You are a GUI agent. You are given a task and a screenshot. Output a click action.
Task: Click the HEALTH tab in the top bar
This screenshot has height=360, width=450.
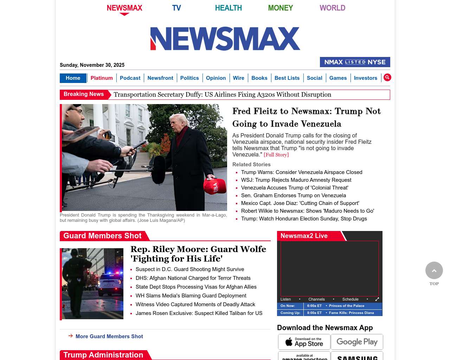tap(228, 8)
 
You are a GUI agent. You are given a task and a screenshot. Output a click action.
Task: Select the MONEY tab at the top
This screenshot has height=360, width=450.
tap(280, 8)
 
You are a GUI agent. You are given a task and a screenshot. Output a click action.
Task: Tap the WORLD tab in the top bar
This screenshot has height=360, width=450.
tap(332, 8)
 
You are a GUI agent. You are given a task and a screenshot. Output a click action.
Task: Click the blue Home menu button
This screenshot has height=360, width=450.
tap(73, 78)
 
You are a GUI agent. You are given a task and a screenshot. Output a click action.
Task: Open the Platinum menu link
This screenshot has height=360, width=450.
tap(102, 78)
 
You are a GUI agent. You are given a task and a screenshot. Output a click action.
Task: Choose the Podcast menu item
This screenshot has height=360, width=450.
tap(130, 78)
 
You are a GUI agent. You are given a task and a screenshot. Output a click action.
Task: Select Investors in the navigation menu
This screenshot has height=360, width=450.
tap(365, 78)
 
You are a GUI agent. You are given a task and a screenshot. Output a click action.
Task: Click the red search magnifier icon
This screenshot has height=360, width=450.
tap(387, 77)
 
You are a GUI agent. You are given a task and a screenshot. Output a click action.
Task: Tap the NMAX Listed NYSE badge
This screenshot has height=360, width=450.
tap(355, 62)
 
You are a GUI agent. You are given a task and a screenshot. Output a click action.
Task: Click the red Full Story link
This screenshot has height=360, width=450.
tap(276, 155)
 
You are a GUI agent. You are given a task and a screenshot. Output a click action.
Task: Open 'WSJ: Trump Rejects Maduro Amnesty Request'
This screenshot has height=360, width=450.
tap(296, 180)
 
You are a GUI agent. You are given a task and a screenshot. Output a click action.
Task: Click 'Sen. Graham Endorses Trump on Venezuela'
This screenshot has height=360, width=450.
tap(293, 195)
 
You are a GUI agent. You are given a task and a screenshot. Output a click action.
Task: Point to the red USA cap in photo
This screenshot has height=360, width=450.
tap(215, 186)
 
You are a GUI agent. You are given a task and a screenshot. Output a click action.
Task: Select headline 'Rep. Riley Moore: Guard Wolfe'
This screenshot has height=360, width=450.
tap(198, 254)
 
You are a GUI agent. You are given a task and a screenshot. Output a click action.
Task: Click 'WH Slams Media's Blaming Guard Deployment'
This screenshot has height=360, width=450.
tap(191, 296)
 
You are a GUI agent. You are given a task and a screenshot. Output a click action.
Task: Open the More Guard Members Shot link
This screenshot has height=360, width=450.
tap(109, 336)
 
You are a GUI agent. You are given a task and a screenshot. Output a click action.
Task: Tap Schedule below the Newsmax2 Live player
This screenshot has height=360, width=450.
tap(350, 299)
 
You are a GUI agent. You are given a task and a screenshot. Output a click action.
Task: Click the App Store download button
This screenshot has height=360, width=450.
tap(304, 342)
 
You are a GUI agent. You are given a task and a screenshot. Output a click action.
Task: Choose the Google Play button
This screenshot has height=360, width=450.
tap(357, 342)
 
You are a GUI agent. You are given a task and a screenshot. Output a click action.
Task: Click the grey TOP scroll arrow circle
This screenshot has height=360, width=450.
tap(434, 270)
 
